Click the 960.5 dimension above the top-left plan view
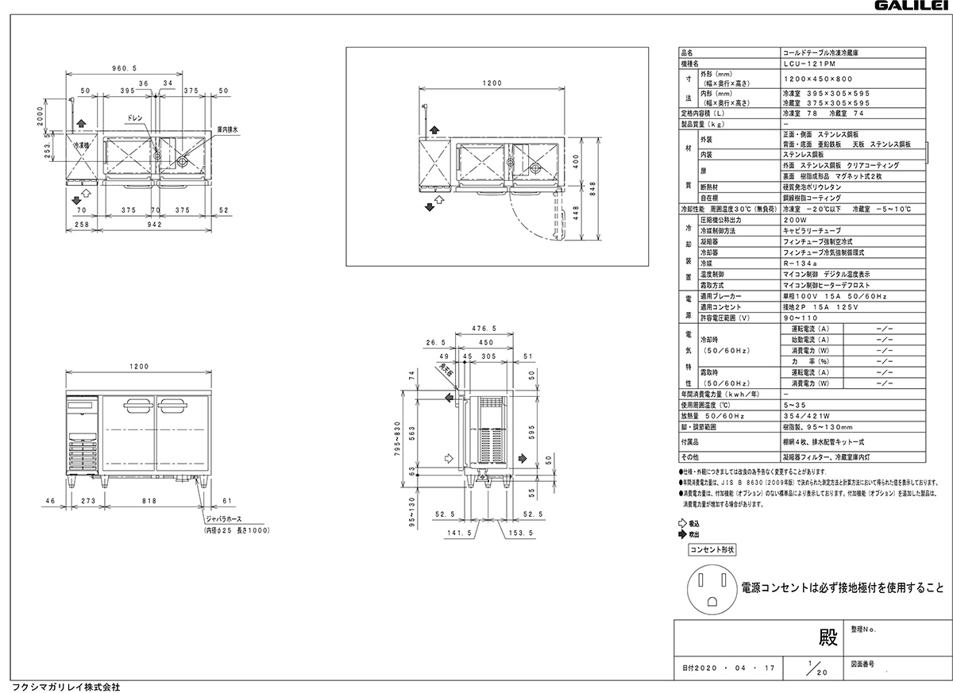125,68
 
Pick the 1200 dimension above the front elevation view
139,367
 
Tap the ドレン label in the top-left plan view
134,117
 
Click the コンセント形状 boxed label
712,549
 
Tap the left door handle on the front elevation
137,408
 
